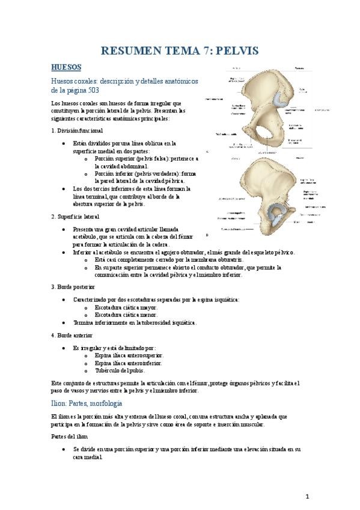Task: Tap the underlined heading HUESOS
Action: pyautogui.click(x=67, y=67)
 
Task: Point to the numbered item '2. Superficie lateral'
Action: pyautogui.click(x=75, y=216)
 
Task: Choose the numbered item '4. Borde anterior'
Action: pyautogui.click(x=72, y=334)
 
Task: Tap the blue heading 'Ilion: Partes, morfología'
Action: pyautogui.click(x=87, y=402)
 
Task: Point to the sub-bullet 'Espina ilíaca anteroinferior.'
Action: pyautogui.click(x=128, y=363)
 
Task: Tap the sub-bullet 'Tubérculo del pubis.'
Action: pyautogui.click(x=120, y=370)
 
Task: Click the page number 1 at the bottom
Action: pyautogui.click(x=307, y=496)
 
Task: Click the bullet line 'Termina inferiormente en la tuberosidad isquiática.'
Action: pyautogui.click(x=134, y=322)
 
